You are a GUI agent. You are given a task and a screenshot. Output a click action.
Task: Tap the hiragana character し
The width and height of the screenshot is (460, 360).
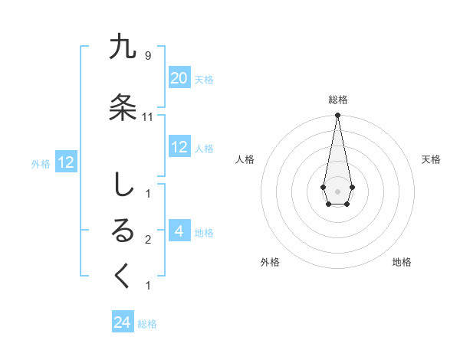pyautogui.click(x=123, y=185)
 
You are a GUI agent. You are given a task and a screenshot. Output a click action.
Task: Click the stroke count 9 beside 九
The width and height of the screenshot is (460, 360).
pyautogui.click(x=147, y=55)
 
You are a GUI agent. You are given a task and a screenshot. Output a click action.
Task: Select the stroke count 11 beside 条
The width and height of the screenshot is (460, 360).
pyautogui.click(x=148, y=117)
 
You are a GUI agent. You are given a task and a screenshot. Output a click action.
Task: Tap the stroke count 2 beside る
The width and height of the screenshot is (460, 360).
pyautogui.click(x=147, y=240)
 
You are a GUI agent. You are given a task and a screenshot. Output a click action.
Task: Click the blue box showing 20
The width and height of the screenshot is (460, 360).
pyautogui.click(x=179, y=78)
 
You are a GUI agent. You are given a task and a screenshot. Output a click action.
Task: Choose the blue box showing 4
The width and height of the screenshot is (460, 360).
pyautogui.click(x=179, y=231)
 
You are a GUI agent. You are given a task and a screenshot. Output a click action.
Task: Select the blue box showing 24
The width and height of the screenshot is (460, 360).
pyautogui.click(x=123, y=323)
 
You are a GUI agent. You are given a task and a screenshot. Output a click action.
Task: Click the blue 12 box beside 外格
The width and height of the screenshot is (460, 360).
pyautogui.click(x=65, y=162)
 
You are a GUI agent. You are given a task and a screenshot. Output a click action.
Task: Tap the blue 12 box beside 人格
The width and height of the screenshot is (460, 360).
pyautogui.click(x=179, y=147)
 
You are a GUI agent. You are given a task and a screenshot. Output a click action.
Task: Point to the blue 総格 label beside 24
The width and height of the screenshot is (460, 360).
pyautogui.click(x=147, y=324)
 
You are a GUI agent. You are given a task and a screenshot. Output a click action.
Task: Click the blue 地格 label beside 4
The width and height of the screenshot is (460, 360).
pyautogui.click(x=204, y=232)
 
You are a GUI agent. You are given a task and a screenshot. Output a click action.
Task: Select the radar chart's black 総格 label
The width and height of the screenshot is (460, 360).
pyautogui.click(x=337, y=100)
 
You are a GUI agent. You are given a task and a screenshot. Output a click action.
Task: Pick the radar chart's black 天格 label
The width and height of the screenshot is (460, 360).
pyautogui.click(x=431, y=159)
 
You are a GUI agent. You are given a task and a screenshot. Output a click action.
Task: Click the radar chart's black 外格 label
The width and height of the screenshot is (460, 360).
pyautogui.click(x=270, y=262)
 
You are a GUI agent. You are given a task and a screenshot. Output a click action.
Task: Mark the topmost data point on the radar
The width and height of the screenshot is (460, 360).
pyautogui.click(x=337, y=116)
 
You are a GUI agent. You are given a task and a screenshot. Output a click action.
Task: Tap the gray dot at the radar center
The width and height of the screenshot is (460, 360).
pyautogui.click(x=337, y=190)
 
